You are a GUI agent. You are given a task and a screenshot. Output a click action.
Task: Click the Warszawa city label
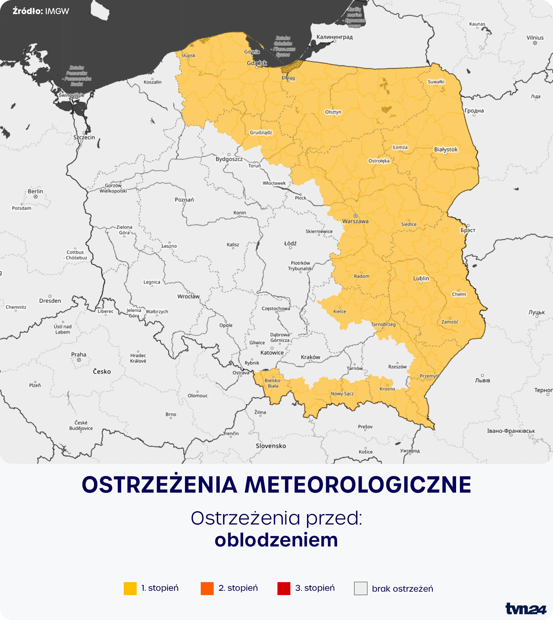[x=355, y=221]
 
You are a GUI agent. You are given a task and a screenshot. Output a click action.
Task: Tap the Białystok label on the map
[x=446, y=150]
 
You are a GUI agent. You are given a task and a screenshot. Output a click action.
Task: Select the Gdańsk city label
[x=257, y=63]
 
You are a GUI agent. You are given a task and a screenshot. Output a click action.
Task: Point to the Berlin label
[x=35, y=191]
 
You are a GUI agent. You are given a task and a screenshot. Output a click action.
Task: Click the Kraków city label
[x=310, y=357]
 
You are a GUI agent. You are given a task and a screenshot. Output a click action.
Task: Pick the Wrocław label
[x=188, y=296]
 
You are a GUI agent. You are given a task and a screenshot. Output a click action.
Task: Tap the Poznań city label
[x=184, y=200]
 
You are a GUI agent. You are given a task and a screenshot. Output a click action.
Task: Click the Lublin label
[x=421, y=278]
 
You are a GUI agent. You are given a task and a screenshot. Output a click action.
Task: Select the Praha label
[x=79, y=354]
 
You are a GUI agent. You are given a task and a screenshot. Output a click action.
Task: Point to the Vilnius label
[x=535, y=38]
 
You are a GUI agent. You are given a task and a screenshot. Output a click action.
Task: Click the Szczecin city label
[x=84, y=137]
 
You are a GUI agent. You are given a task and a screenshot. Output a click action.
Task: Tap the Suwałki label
[x=436, y=82]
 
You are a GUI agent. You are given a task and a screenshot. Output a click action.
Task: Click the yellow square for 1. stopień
[x=130, y=588]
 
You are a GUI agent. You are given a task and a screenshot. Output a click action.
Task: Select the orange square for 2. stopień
[x=207, y=588]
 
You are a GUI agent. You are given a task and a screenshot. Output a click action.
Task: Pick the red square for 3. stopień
[x=284, y=588]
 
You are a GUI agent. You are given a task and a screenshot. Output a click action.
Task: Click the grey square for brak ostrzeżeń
[x=360, y=588]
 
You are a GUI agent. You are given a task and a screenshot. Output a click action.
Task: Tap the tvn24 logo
[x=526, y=609]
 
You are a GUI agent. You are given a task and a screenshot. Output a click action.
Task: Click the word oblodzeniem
[x=276, y=540]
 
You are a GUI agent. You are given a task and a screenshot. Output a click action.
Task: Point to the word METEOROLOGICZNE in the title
[x=358, y=485]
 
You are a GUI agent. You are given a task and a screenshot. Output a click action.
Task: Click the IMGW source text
[x=57, y=11]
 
